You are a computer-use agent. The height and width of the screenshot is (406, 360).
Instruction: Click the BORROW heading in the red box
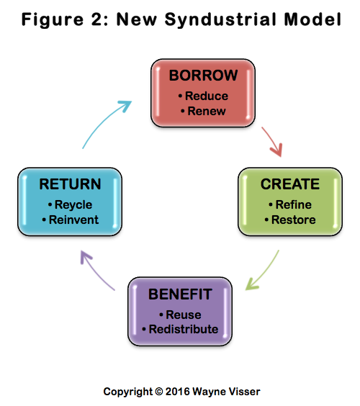click(x=203, y=76)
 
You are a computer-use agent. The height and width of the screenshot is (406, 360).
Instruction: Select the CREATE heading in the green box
click(x=290, y=184)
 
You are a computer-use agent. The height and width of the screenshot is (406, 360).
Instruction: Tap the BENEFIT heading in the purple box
click(x=180, y=294)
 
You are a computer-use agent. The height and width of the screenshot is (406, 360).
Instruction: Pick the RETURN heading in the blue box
click(x=70, y=184)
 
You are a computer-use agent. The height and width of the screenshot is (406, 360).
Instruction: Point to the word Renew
click(x=207, y=111)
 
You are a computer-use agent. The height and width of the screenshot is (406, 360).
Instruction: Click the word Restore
click(x=294, y=220)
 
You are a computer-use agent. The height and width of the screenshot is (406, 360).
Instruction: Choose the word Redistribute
click(x=184, y=330)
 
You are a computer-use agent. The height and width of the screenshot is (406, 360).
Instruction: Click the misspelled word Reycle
click(x=73, y=205)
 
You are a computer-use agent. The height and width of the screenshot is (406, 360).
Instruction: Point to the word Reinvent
click(x=73, y=220)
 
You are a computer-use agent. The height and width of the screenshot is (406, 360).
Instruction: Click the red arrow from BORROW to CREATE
click(x=272, y=140)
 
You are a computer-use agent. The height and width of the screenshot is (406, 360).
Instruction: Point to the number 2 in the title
click(x=97, y=19)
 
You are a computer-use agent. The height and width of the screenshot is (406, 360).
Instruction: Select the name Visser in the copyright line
click(x=246, y=392)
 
